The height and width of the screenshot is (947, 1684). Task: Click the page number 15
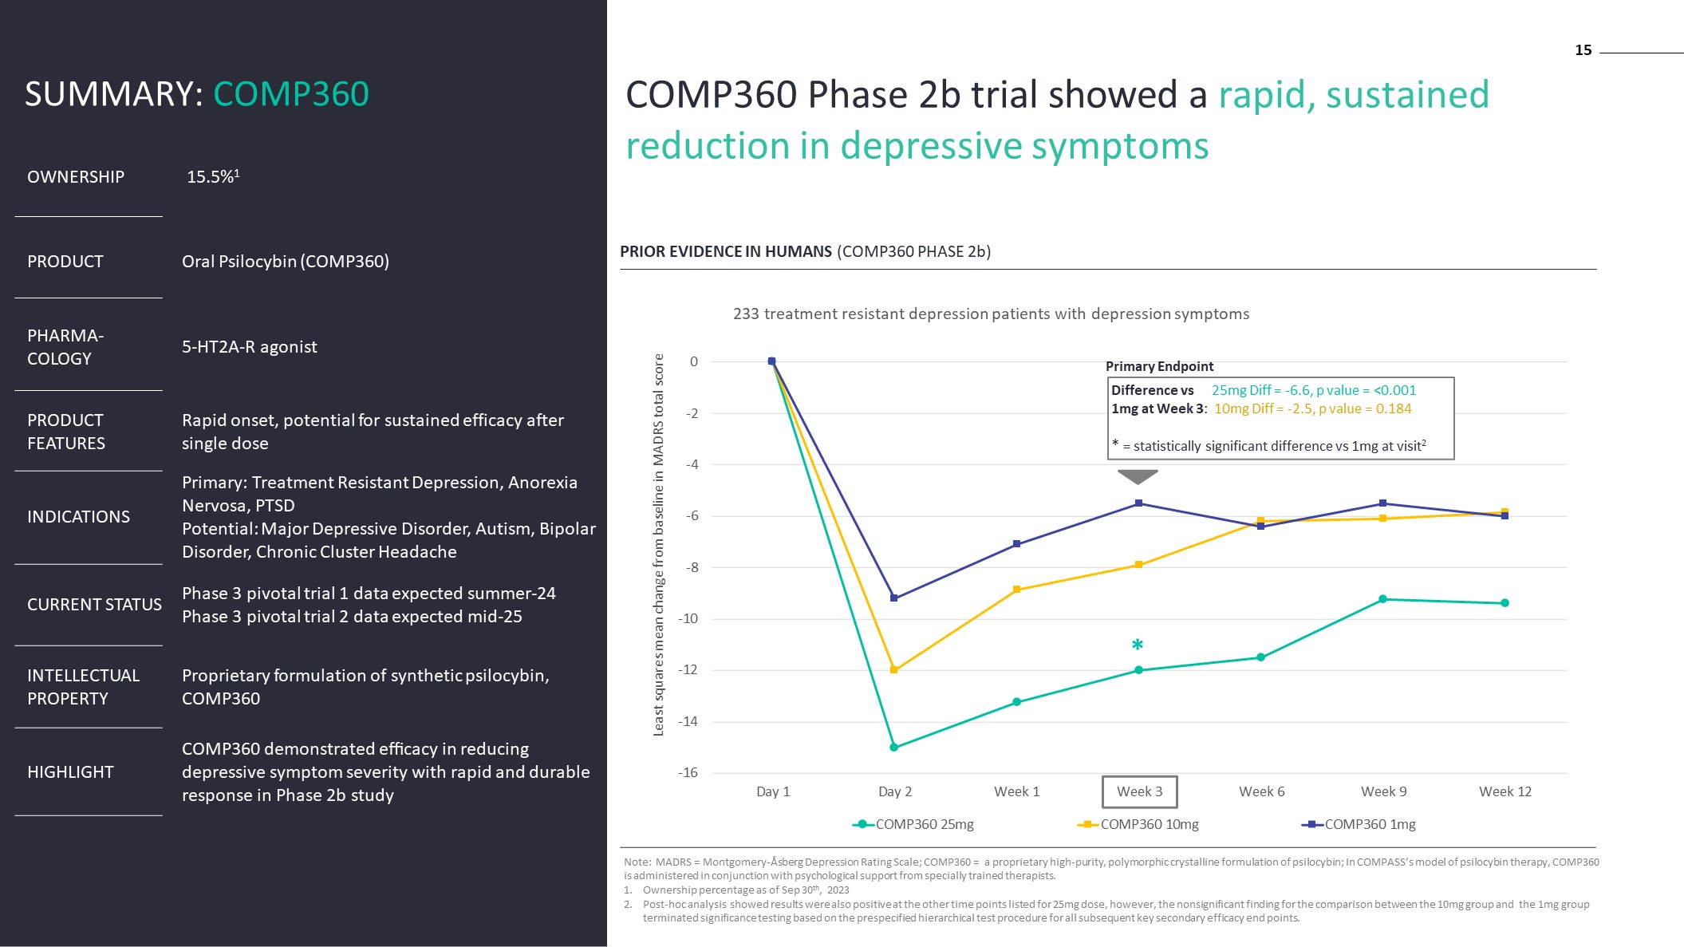pyautogui.click(x=1583, y=50)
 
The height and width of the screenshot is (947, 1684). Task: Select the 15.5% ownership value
pyautogui.click(x=212, y=176)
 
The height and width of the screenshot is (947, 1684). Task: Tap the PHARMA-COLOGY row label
pyautogui.click(x=65, y=347)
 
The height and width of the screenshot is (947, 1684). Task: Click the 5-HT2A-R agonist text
pyautogui.click(x=249, y=347)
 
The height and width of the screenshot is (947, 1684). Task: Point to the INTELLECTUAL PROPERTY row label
pyautogui.click(x=83, y=687)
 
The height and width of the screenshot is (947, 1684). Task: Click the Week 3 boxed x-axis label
pyautogui.click(x=1139, y=791)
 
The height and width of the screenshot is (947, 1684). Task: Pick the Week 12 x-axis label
pyautogui.click(x=1505, y=791)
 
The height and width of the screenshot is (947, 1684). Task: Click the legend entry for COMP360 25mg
pyautogui.click(x=913, y=824)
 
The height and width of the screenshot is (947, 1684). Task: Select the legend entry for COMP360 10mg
pyautogui.click(x=1138, y=824)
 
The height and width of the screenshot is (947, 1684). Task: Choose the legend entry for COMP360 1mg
pyautogui.click(x=1359, y=824)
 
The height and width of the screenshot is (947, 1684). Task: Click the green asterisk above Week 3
pyautogui.click(x=1138, y=645)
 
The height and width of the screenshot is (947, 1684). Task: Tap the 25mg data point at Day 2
pyautogui.click(x=893, y=748)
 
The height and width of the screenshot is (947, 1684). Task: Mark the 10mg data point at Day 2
pyautogui.click(x=893, y=670)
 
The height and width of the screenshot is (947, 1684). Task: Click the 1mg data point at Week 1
pyautogui.click(x=1016, y=544)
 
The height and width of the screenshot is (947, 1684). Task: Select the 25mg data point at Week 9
pyautogui.click(x=1382, y=599)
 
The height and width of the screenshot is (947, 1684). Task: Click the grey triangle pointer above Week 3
pyautogui.click(x=1138, y=476)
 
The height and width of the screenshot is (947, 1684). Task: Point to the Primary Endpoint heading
pyautogui.click(x=1159, y=366)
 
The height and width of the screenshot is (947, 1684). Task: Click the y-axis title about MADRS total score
pyautogui.click(x=659, y=544)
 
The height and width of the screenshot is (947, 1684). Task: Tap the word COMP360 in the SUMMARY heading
pyautogui.click(x=290, y=94)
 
